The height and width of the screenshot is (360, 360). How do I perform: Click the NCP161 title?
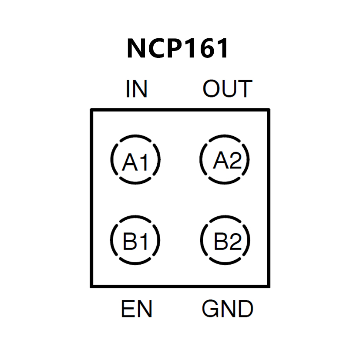(x=178, y=49)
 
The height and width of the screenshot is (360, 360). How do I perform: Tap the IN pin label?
(x=136, y=89)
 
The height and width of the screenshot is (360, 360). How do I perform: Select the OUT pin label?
(x=227, y=89)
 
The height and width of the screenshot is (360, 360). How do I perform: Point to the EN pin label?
(x=136, y=310)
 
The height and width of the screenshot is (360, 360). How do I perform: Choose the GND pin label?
(x=227, y=310)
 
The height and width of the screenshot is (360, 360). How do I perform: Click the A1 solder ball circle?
(x=135, y=159)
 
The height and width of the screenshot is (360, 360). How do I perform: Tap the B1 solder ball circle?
(x=135, y=241)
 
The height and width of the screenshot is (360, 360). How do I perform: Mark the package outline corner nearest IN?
(x=92, y=110)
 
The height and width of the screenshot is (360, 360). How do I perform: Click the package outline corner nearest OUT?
(x=269, y=110)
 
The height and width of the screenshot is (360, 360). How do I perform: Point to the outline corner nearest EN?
(x=92, y=286)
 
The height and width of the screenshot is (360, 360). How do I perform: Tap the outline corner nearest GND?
(x=269, y=286)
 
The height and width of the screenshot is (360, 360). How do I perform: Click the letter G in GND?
(x=210, y=310)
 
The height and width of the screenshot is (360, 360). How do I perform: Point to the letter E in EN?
(x=128, y=310)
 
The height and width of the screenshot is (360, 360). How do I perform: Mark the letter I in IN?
(x=128, y=89)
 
